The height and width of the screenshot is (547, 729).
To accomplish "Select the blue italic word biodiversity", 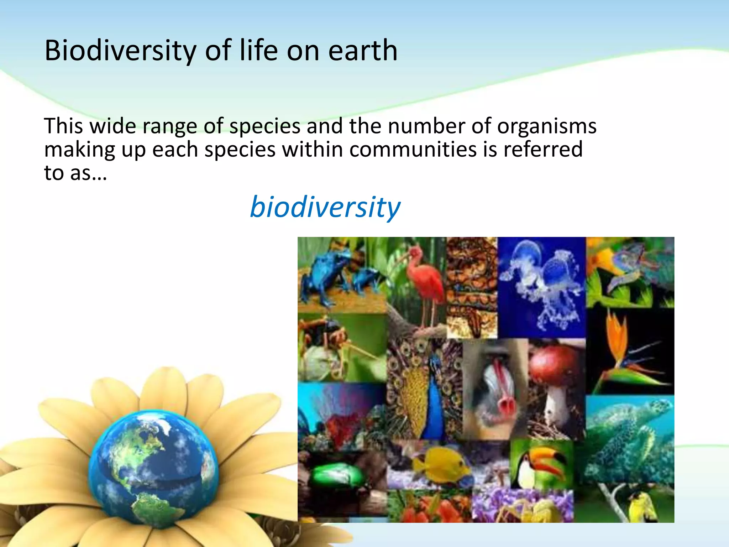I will click(x=325, y=207).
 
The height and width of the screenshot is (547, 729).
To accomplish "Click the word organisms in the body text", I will click(x=547, y=126).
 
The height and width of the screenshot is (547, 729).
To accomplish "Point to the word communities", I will click(x=413, y=149).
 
